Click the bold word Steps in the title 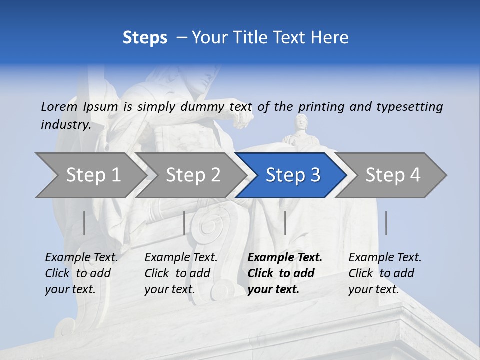coord(145,38)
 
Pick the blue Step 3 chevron coord(293,175)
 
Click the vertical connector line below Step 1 coord(84,223)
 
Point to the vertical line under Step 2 coord(184,223)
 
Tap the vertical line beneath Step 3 coord(285,223)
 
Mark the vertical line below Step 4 coord(386,223)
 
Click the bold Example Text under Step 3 coord(285,258)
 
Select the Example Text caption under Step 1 coord(81,258)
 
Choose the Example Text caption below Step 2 coord(181,258)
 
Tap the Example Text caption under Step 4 coord(385,258)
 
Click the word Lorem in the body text coord(59,106)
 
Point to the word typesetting coord(409,106)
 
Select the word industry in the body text coord(65,124)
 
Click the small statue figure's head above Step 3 coord(301,121)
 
